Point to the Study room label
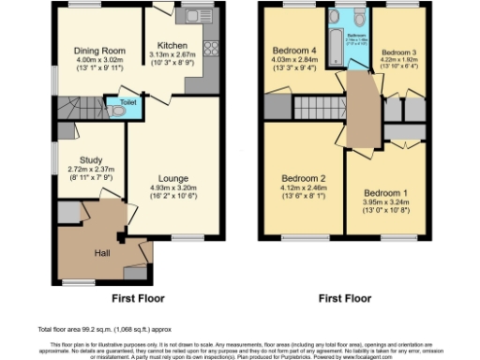[91, 159]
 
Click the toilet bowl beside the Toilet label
[116, 110]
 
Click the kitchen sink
[196, 15]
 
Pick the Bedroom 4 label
[294, 50]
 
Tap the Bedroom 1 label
[385, 189]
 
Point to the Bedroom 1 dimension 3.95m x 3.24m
[385, 201]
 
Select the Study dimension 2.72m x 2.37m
[91, 170]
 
